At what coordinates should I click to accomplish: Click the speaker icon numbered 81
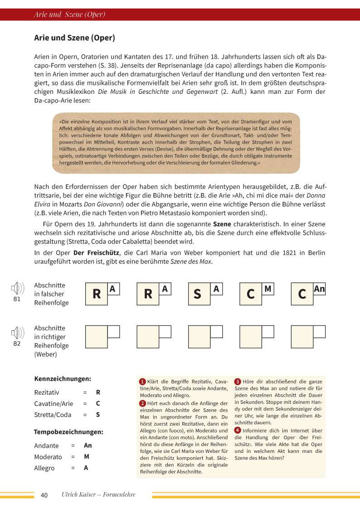(x=17, y=289)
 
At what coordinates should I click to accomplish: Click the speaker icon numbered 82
(x=17, y=333)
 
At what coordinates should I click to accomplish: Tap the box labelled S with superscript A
(x=202, y=294)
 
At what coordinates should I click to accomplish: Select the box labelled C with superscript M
(x=253, y=294)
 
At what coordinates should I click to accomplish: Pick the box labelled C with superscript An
(x=305, y=294)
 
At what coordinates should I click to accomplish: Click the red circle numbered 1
(x=142, y=382)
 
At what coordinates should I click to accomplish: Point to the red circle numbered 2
(x=142, y=403)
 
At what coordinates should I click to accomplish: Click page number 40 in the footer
(x=44, y=495)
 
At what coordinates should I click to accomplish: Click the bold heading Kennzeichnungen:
(x=63, y=378)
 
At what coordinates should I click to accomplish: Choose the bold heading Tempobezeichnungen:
(x=68, y=432)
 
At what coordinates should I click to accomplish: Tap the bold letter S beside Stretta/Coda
(x=98, y=415)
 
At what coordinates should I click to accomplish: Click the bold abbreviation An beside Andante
(x=88, y=446)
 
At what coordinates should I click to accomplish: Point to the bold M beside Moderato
(x=86, y=457)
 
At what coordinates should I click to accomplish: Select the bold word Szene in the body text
(x=222, y=224)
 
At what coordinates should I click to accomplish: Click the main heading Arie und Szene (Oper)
(x=74, y=38)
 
